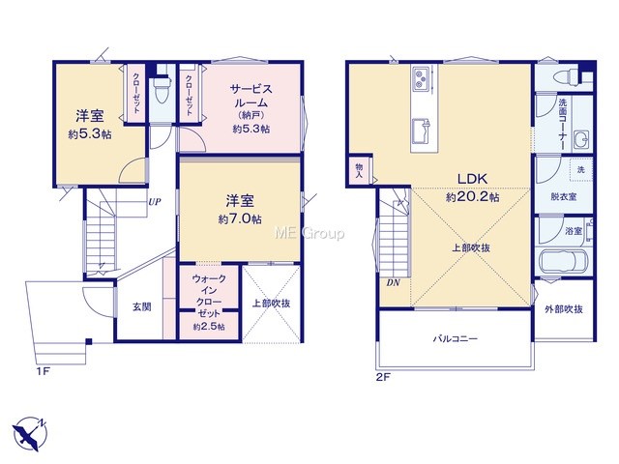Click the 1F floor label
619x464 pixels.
pyautogui.click(x=43, y=371)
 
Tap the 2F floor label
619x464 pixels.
pyautogui.click(x=383, y=377)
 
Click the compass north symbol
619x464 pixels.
pyautogui.click(x=30, y=434)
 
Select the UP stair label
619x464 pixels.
pyautogui.click(x=155, y=202)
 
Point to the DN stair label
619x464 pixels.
pyautogui.click(x=394, y=282)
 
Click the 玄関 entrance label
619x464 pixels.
pyautogui.click(x=142, y=306)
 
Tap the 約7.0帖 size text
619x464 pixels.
pyautogui.click(x=240, y=219)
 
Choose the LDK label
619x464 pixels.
pyautogui.click(x=472, y=179)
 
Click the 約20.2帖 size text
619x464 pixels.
pyautogui.click(x=473, y=197)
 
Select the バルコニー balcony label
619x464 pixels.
pyautogui.click(x=456, y=338)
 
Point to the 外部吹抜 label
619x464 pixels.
pyautogui.click(x=564, y=309)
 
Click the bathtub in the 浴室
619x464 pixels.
pyautogui.click(x=563, y=262)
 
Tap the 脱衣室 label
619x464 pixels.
pyautogui.click(x=564, y=196)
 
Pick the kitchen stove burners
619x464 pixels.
pyautogui.click(x=422, y=78)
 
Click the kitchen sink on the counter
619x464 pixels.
pyautogui.click(x=423, y=132)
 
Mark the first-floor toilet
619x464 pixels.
pyautogui.click(x=162, y=89)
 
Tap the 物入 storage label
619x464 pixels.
pyautogui.click(x=359, y=170)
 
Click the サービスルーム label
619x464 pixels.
pyautogui.click(x=251, y=96)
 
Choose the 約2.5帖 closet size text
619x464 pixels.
pyautogui.click(x=209, y=327)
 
